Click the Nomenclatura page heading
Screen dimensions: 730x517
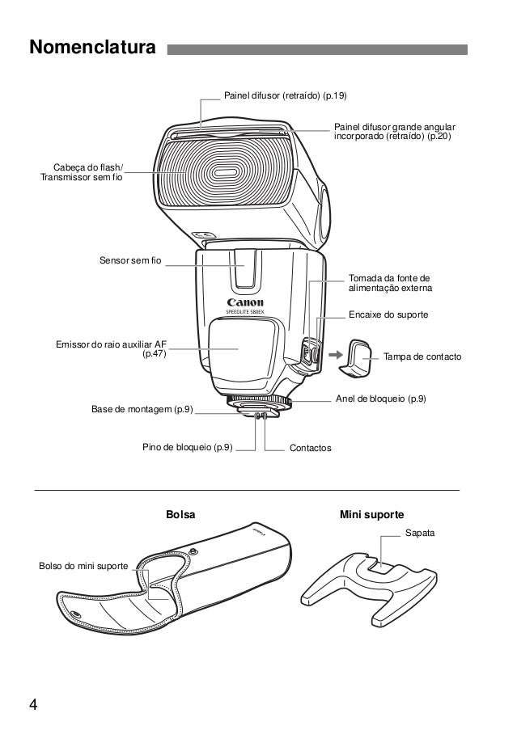pyautogui.click(x=91, y=49)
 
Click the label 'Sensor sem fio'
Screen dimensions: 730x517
pyautogui.click(x=130, y=261)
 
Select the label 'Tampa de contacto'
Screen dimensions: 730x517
pyautogui.click(x=422, y=356)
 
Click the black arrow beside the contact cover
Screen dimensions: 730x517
pyautogui.click(x=333, y=352)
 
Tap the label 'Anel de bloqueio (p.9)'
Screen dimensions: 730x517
pyautogui.click(x=381, y=399)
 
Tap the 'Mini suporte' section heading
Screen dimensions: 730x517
pyautogui.click(x=372, y=514)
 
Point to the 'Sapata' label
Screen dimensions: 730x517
pyautogui.click(x=419, y=534)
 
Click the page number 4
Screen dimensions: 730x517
pyautogui.click(x=33, y=702)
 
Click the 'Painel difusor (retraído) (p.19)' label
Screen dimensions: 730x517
pyautogui.click(x=285, y=96)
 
